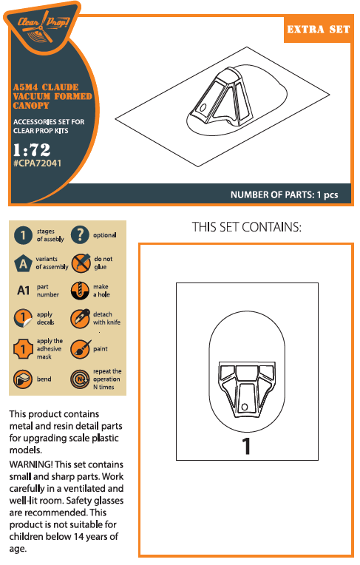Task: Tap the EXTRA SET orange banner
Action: tap(319, 29)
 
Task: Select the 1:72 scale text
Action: tap(32, 149)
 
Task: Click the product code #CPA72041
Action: tap(38, 163)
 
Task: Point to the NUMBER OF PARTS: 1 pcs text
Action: tap(285, 195)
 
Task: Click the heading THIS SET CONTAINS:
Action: tap(246, 227)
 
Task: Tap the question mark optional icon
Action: tap(80, 235)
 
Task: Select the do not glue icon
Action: tap(81, 263)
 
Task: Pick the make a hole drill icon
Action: tap(80, 291)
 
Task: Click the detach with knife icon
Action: tap(80, 319)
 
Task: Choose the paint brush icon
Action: tap(81, 349)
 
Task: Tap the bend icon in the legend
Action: tap(23, 379)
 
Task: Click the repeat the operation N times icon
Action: tap(80, 379)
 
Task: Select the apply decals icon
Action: tap(23, 319)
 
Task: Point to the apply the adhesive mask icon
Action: tap(23, 349)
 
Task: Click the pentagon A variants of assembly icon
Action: tap(23, 263)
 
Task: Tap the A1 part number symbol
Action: tap(24, 291)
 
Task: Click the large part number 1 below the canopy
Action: tap(246, 446)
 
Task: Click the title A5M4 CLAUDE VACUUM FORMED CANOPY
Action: tap(52, 96)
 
